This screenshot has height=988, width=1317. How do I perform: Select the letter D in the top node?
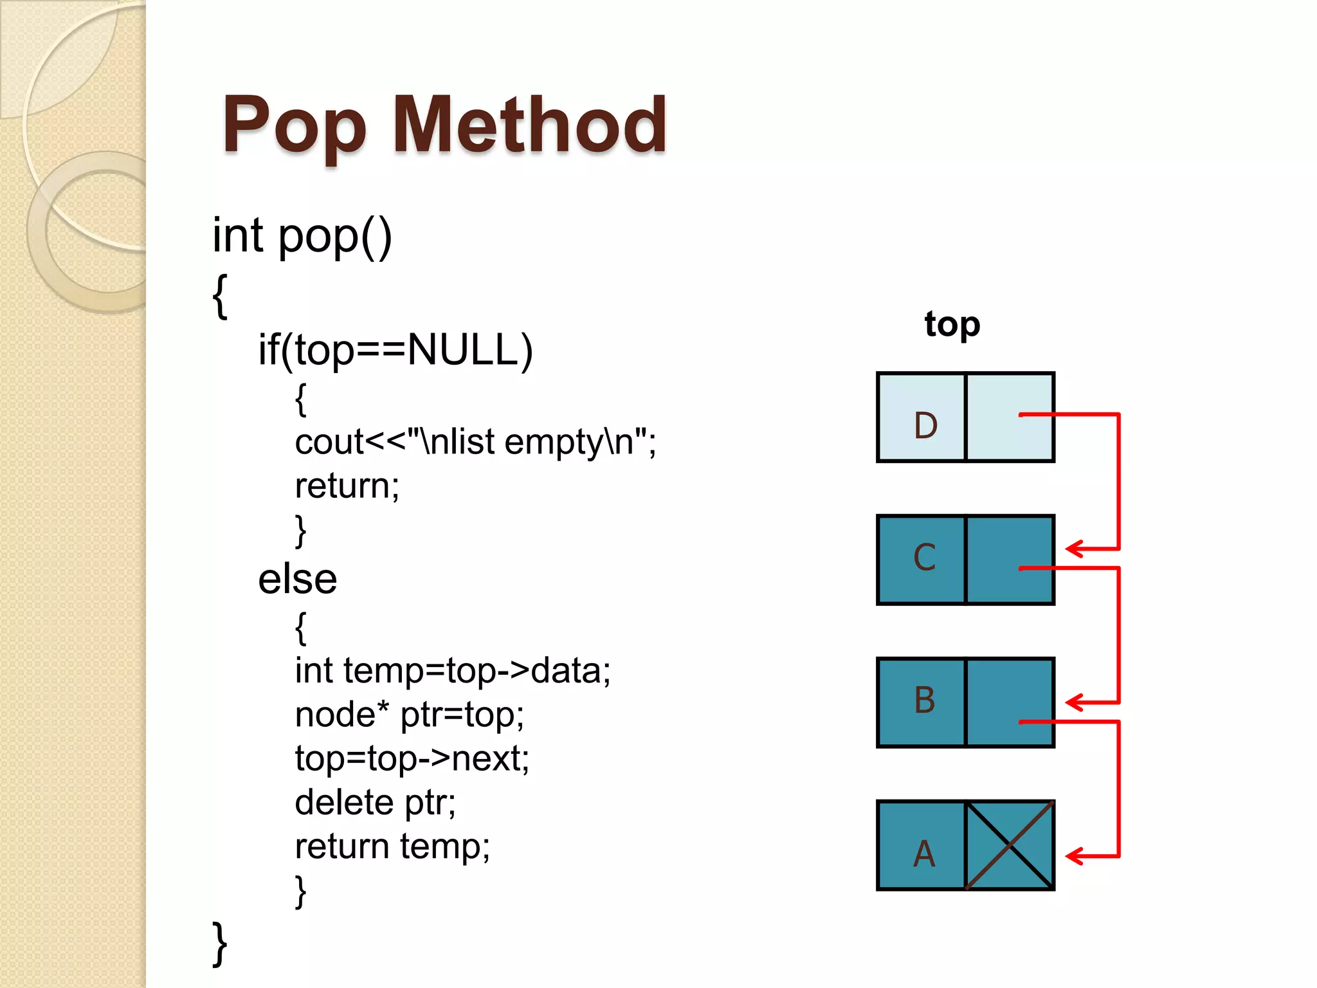click(x=925, y=425)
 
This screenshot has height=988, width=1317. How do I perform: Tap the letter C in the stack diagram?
click(x=925, y=558)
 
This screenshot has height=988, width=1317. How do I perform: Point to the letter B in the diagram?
click(x=925, y=700)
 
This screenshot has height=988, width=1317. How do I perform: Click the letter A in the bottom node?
click(x=924, y=854)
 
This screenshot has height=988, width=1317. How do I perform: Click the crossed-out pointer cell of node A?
click(x=1010, y=845)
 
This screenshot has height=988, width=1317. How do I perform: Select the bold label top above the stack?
click(x=952, y=325)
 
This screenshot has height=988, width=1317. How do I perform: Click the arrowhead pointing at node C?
click(x=1074, y=549)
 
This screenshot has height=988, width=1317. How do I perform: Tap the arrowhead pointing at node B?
click(x=1074, y=702)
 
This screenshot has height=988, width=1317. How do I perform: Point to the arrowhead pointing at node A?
click(x=1074, y=855)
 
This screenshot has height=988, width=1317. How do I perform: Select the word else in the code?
click(x=297, y=579)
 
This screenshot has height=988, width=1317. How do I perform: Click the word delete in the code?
click(x=344, y=802)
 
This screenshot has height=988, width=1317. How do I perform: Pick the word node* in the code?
click(x=342, y=715)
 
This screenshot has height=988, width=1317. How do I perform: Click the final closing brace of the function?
click(x=220, y=943)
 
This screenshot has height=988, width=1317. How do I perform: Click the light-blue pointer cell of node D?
click(x=1010, y=417)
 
